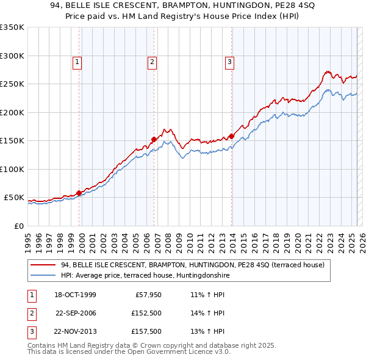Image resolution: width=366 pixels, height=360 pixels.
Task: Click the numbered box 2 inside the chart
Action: [x=151, y=61]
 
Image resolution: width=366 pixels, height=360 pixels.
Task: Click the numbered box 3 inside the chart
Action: [x=229, y=61]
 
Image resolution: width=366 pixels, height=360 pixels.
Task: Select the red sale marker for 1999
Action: [x=79, y=193]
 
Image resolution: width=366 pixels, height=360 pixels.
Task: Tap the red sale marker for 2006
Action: [x=154, y=139]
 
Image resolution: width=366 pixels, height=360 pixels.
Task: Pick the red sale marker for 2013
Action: [x=232, y=136]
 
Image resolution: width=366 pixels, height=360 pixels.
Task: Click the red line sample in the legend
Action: [x=43, y=265]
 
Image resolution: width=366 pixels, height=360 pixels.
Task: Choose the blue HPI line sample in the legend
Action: [x=43, y=275]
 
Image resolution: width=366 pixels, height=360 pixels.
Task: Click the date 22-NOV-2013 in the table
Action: [x=76, y=331]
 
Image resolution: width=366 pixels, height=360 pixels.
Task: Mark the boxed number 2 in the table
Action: [x=30, y=313]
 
